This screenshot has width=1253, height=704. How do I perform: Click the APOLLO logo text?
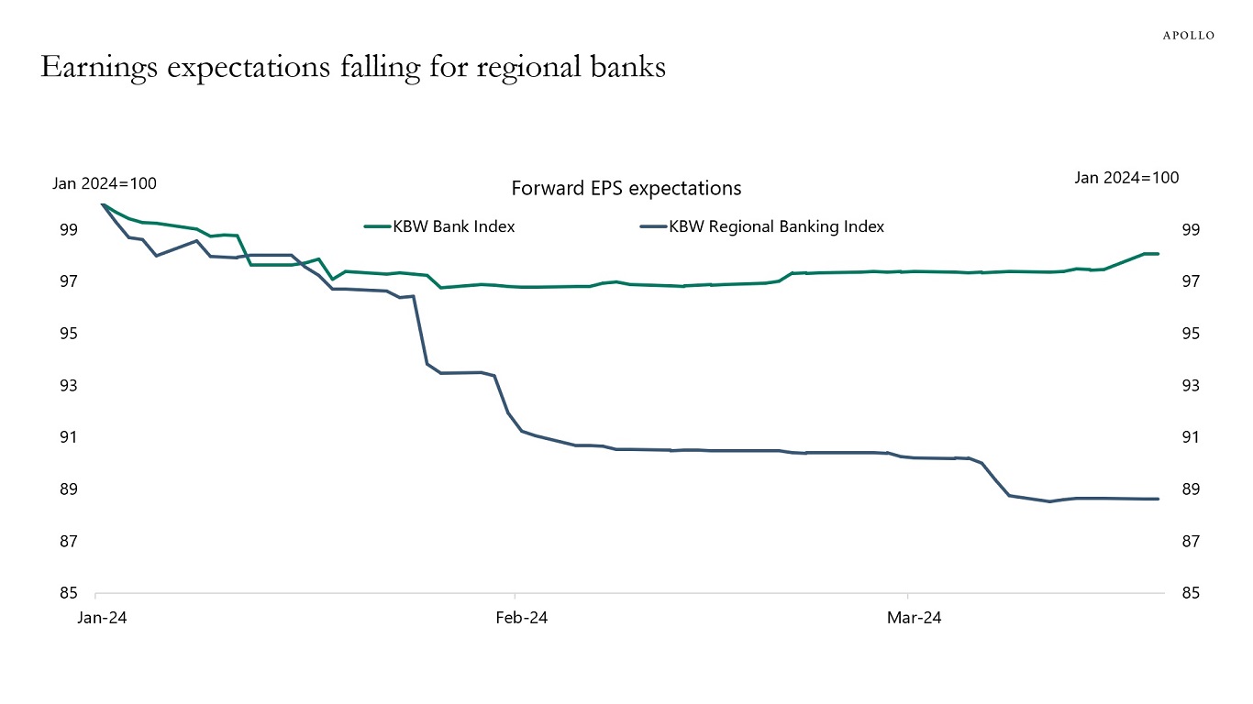click(1188, 35)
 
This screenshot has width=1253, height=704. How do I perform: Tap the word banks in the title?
click(627, 67)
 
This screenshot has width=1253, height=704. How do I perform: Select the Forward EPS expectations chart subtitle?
click(626, 188)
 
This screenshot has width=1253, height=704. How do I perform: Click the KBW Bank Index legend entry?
click(453, 226)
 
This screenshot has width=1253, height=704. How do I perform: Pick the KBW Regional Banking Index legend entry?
click(776, 226)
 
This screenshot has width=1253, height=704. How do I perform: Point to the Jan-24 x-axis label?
click(102, 618)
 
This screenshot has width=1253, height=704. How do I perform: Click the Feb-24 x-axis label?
click(521, 618)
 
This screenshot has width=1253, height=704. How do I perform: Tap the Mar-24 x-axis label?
click(914, 618)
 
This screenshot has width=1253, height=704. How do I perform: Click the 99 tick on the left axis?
click(68, 229)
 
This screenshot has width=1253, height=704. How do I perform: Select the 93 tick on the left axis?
click(68, 385)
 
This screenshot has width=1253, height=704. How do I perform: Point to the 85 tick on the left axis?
click(68, 593)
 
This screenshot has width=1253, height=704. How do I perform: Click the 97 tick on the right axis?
click(1190, 281)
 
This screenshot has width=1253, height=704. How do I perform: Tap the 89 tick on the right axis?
click(1190, 489)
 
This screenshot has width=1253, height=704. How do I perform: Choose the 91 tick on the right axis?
click(1190, 437)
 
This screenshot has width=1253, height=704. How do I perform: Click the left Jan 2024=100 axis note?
click(104, 183)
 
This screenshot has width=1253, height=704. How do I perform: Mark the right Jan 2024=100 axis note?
click(1126, 178)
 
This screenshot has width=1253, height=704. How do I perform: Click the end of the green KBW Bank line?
click(1159, 254)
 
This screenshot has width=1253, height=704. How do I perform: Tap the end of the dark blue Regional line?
click(1159, 499)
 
